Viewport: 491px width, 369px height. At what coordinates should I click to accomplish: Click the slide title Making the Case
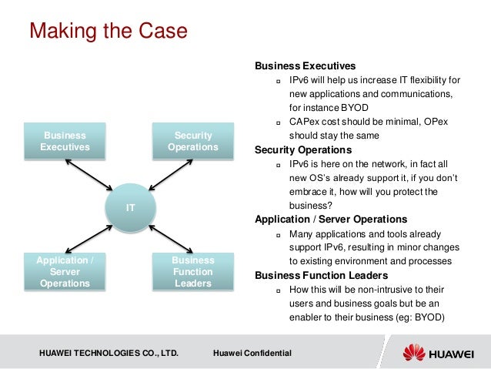coord(108,32)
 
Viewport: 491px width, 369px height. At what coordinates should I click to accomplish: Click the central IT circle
coord(131,207)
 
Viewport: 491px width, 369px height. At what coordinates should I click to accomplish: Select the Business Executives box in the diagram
coord(65,141)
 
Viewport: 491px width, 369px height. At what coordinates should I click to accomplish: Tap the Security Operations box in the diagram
coord(193,141)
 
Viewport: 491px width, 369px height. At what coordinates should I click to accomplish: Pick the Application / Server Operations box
coord(65,272)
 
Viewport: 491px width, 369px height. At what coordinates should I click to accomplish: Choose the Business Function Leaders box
coord(193,272)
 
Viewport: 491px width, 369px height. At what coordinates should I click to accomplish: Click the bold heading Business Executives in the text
coord(305,65)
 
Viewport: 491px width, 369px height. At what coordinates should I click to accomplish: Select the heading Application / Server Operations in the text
coord(331,219)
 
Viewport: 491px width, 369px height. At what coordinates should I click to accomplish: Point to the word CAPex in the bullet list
coord(303,122)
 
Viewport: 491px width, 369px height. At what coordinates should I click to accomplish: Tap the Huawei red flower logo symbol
coord(413,353)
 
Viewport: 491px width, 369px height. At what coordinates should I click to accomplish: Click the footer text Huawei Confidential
coord(252,353)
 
